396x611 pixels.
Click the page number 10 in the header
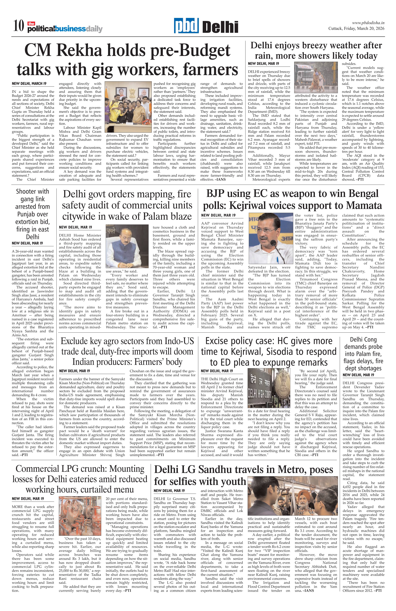coord(19,26)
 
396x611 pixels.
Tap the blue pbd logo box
coord(186,26)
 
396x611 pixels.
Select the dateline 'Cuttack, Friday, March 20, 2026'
coord(356,29)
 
